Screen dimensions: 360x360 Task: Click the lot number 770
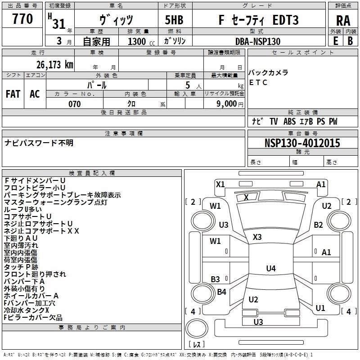[x=22, y=19]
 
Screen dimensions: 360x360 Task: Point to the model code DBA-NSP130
[x=258, y=41]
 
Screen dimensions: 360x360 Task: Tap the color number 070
[x=74, y=104]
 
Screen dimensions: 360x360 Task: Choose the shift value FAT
[x=13, y=94]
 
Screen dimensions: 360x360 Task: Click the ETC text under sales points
[x=258, y=82]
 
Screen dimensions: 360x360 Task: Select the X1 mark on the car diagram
[x=220, y=184]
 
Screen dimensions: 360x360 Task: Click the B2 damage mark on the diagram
[x=319, y=225]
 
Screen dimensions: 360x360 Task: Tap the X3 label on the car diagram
[x=257, y=237]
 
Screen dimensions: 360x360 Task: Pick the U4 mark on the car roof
[x=270, y=268]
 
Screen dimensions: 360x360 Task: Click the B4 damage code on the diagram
[x=222, y=292]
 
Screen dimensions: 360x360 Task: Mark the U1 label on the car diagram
[x=320, y=308]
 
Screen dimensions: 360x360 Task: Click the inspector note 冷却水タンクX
[x=27, y=310]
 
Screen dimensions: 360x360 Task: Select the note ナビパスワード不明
[x=39, y=143]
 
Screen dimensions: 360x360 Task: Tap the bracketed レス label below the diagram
[x=197, y=344]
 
